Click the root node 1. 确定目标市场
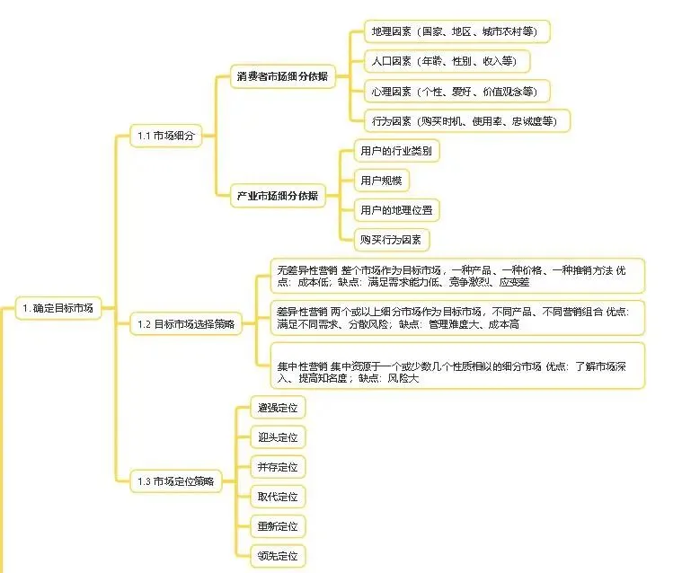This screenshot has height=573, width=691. point(58,307)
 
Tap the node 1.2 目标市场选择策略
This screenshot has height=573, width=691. point(186,323)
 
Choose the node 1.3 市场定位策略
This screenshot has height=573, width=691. point(176,481)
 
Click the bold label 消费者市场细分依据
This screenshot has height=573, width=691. point(281,77)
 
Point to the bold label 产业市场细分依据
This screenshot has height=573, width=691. point(277,195)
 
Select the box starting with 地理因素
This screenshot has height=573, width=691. point(456,31)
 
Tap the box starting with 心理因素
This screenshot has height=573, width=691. point(456,91)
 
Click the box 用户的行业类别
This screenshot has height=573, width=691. point(395,151)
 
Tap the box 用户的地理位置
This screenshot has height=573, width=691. point(395,210)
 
